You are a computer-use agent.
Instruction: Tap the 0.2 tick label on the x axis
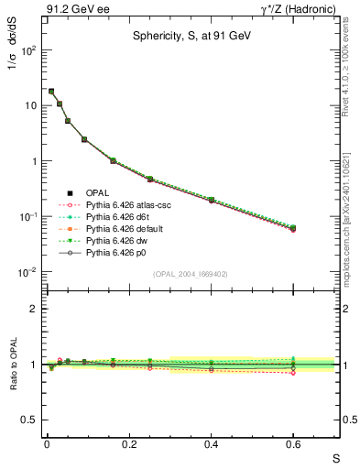coord(128,445)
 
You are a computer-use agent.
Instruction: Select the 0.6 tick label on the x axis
coord(293,445)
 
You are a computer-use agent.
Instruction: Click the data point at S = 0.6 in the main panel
coord(293,228)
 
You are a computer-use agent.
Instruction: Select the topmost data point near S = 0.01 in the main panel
coord(51,91)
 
